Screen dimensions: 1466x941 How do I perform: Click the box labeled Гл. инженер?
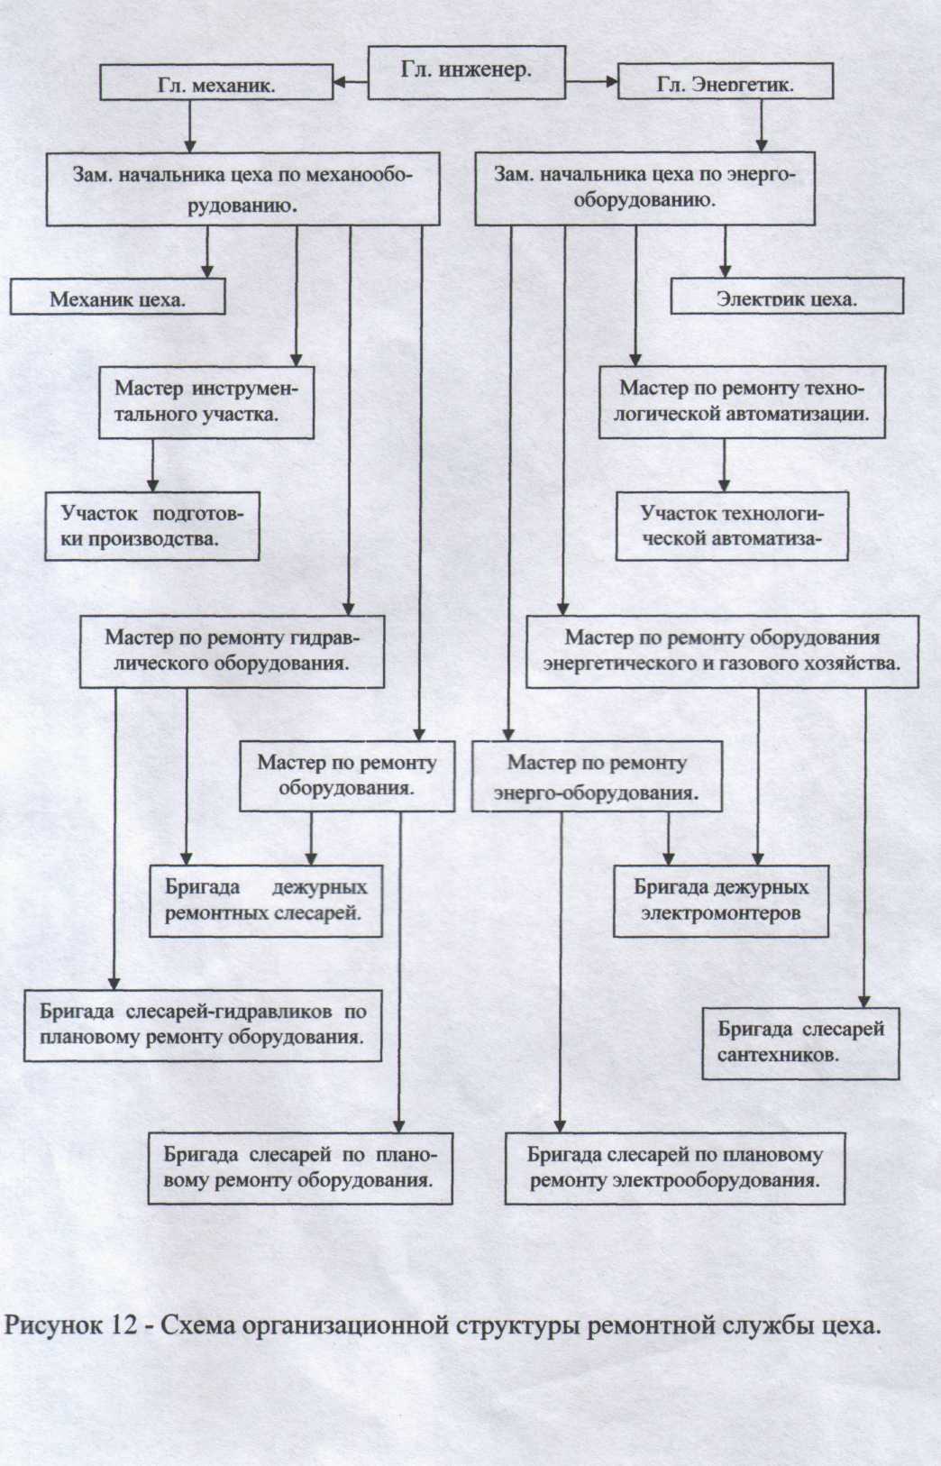(x=466, y=72)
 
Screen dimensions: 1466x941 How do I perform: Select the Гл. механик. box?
(x=215, y=84)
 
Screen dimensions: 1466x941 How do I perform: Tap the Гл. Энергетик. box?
(x=725, y=84)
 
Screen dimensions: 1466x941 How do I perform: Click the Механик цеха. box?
(x=117, y=298)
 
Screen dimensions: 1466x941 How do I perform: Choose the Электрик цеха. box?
(x=786, y=298)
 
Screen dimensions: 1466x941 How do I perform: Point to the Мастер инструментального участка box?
(x=206, y=402)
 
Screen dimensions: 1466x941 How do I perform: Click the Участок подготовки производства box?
(x=152, y=527)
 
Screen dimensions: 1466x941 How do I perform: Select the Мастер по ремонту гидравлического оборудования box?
(x=232, y=651)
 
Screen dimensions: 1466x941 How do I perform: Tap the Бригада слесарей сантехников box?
(x=800, y=1042)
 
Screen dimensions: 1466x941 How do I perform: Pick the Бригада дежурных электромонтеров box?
(x=721, y=900)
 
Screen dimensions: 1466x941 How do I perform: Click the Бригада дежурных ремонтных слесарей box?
(x=266, y=900)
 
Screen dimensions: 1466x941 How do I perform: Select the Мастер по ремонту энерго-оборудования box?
(x=597, y=776)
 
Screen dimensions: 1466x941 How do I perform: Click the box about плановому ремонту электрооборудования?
(x=674, y=1168)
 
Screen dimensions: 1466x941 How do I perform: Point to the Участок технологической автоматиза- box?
(x=732, y=527)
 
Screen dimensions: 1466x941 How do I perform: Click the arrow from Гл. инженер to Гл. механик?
(x=351, y=85)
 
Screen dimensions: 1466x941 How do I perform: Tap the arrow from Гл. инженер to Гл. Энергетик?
(x=591, y=85)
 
